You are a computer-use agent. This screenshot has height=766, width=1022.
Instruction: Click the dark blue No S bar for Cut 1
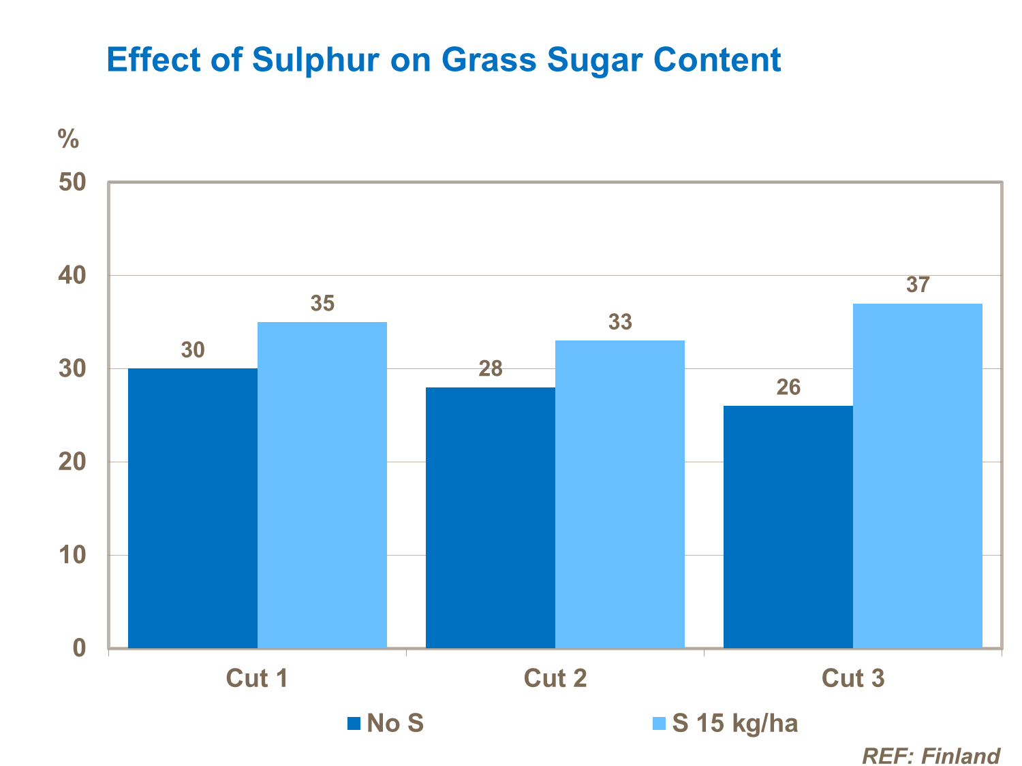[193, 508]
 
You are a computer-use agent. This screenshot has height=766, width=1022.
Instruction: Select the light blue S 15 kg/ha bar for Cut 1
[322, 485]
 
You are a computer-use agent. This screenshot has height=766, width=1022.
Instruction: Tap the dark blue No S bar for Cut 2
[491, 517]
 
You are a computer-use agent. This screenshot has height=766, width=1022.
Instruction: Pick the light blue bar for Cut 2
[620, 494]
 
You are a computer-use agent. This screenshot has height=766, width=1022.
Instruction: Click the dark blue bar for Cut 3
[788, 526]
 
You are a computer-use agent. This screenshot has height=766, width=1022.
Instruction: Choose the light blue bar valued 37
[918, 475]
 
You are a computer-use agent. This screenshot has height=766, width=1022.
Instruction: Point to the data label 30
[193, 351]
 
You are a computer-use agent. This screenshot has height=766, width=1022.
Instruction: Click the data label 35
[322, 304]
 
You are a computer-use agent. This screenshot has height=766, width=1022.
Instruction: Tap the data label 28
[491, 369]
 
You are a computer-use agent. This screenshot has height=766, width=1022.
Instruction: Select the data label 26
[788, 388]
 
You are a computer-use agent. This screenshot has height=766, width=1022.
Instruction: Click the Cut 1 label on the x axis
[257, 679]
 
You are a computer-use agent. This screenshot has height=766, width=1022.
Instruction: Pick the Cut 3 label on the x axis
[853, 679]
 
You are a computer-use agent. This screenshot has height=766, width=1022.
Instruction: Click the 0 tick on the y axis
[80, 648]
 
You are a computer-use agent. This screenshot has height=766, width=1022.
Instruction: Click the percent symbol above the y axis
[68, 139]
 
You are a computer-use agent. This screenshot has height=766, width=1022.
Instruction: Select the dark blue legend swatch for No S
[354, 723]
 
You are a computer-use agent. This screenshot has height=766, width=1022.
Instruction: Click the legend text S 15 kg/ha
[734, 723]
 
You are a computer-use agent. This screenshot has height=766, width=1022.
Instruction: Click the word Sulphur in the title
[315, 60]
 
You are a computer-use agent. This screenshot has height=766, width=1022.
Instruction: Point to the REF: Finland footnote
[931, 756]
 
